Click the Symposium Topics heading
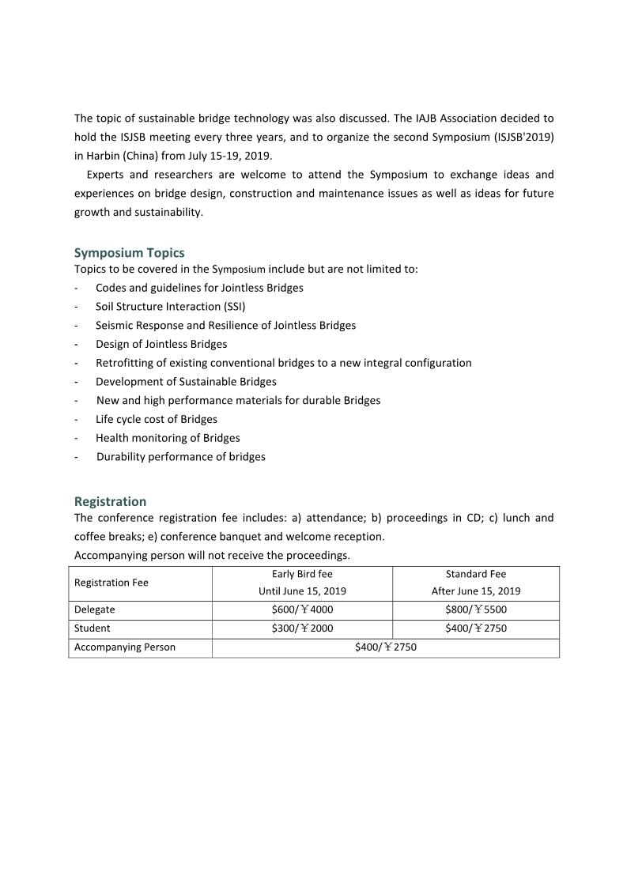(x=129, y=253)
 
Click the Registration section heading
(x=110, y=501)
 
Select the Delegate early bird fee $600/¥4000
(x=302, y=610)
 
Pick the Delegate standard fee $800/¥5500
(x=476, y=610)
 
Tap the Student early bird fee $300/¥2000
(x=302, y=628)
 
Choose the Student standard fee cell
(x=476, y=628)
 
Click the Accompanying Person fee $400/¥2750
(x=386, y=647)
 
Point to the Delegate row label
(x=95, y=610)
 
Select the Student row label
(x=93, y=628)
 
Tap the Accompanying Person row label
(x=125, y=647)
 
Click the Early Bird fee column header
(x=302, y=574)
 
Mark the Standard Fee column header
(x=476, y=574)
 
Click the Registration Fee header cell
(x=111, y=583)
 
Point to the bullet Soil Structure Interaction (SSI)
(x=170, y=307)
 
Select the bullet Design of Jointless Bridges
(x=161, y=344)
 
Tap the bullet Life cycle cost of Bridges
(x=157, y=419)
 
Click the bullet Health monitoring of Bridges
(x=168, y=438)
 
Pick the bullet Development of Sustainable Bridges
(x=186, y=382)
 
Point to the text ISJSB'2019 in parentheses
(x=524, y=137)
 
